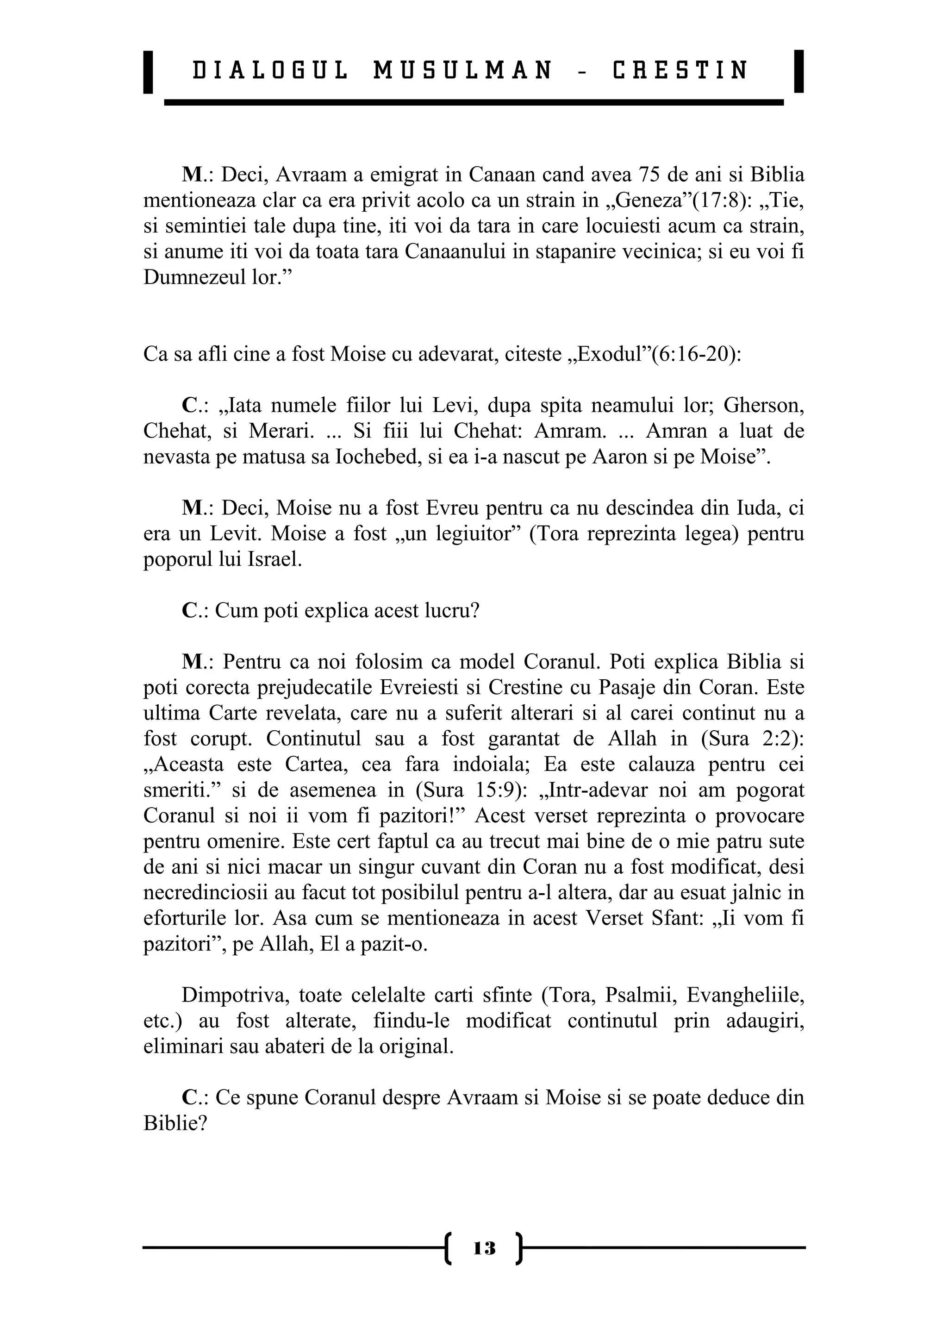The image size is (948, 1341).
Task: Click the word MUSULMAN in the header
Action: click(462, 71)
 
